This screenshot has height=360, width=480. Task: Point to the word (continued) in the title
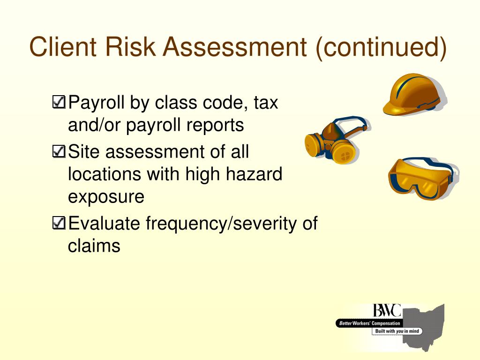(x=381, y=48)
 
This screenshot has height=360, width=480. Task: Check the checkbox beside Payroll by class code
(x=60, y=102)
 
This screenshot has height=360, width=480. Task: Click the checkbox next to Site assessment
(x=60, y=151)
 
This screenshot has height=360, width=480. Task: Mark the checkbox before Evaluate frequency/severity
(x=60, y=224)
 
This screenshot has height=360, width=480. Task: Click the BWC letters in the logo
(x=387, y=311)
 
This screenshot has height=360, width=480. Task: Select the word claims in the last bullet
(x=94, y=246)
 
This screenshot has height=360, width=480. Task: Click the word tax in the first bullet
(x=266, y=102)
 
